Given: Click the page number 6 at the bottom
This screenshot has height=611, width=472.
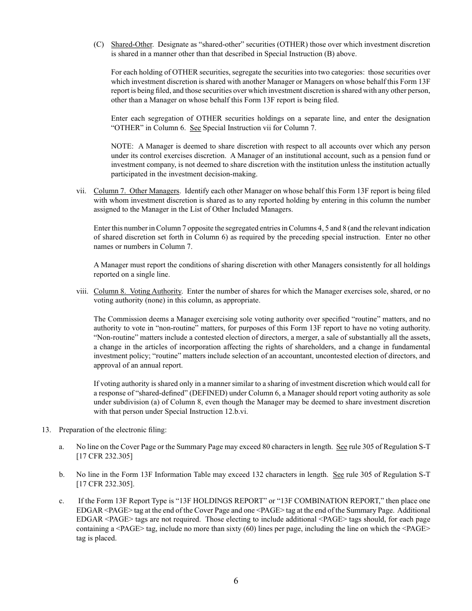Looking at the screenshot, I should (236, 581).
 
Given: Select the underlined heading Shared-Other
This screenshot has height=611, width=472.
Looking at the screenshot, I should (132, 45).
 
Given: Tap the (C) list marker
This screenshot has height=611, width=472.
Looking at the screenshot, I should (98, 45).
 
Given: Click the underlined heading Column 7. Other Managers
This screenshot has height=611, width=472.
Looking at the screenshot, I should (136, 191).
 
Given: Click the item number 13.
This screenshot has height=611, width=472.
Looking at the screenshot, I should (47, 430).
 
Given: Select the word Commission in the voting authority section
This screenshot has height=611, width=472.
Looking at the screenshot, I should (125, 319).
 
